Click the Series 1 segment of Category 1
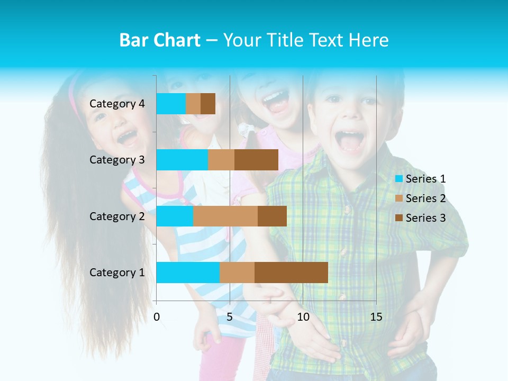[188, 273]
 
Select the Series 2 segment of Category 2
[225, 216]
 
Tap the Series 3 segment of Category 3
[256, 160]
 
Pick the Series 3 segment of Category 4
[208, 104]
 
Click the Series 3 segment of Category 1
[291, 273]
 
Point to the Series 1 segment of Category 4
[171, 104]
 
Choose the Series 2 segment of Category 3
[221, 160]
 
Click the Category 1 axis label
[117, 273]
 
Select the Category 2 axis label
[117, 216]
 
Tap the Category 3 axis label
[117, 160]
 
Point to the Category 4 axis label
[117, 104]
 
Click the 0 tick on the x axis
[157, 317]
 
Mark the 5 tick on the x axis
[230, 317]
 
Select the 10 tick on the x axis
[303, 317]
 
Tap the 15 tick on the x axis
[376, 317]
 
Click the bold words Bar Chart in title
[160, 40]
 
